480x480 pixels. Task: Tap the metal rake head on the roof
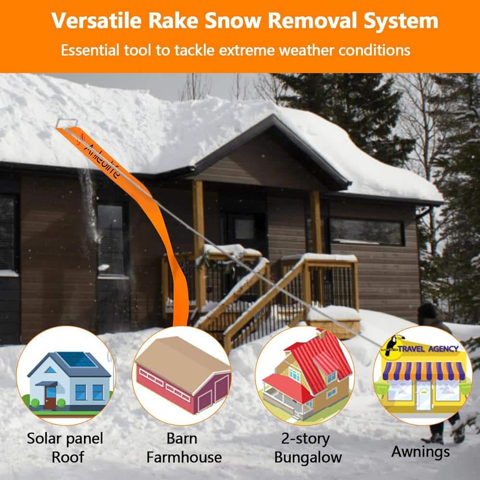pos(67,122)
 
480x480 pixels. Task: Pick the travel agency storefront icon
pos(422,377)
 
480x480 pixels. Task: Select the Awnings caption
pos(420,451)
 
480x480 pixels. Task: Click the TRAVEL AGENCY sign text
pos(428,348)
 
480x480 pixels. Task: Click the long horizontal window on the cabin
pos(367,232)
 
